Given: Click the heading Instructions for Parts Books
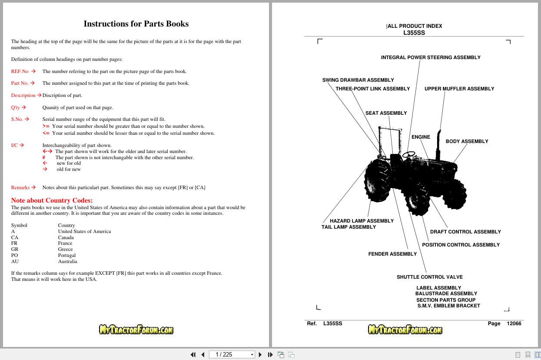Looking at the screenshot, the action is [x=136, y=23].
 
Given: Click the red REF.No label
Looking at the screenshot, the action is [x=20, y=71].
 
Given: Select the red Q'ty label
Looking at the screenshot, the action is [x=16, y=107].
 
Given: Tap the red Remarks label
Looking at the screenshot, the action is [x=20, y=187].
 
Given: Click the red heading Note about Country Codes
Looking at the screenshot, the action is [x=52, y=200].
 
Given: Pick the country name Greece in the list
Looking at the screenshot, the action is [x=65, y=249].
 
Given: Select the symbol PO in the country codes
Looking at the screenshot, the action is [x=14, y=255].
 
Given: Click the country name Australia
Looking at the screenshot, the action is [x=68, y=261].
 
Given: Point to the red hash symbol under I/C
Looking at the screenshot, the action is [x=44, y=157].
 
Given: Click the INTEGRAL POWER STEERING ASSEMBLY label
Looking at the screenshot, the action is [x=431, y=57].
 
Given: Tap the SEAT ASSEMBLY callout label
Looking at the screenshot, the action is [x=386, y=113].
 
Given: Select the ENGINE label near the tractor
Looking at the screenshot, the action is [x=421, y=137].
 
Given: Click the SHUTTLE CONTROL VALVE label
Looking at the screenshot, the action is [x=430, y=277].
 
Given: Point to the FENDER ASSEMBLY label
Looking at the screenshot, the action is [x=392, y=254].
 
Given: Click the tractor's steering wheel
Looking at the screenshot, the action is [x=408, y=154].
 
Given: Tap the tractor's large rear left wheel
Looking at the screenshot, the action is [x=378, y=180].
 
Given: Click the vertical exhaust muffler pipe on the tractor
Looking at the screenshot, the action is [x=438, y=145].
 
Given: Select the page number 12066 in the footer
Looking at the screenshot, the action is [x=514, y=323].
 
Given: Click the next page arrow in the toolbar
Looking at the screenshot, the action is [x=260, y=354].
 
